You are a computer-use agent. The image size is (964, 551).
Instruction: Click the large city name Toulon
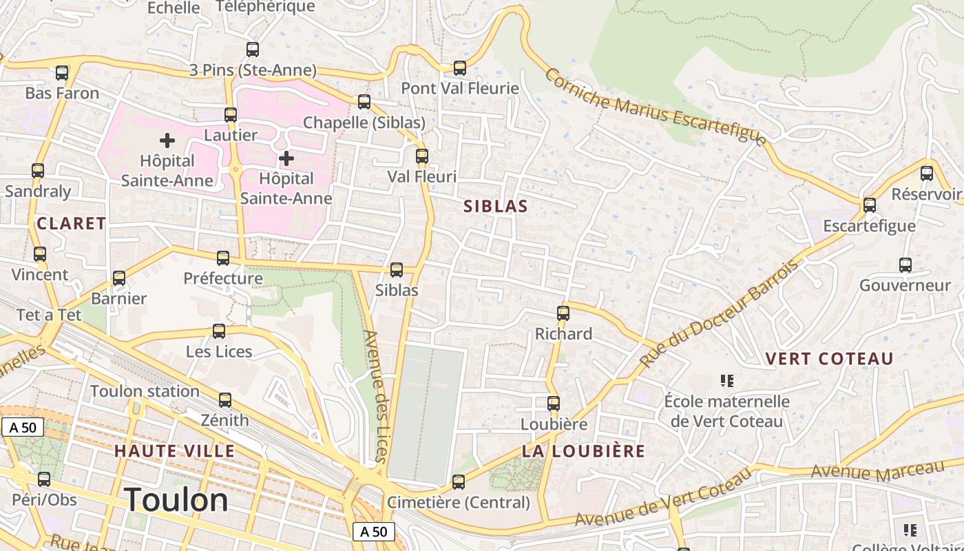pos(176,499)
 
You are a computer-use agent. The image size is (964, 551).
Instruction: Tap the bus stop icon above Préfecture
pos(223,258)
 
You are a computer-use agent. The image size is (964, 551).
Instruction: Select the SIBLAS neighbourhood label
pos(496,206)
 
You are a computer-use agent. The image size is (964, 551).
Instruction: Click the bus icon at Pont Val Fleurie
pos(460,68)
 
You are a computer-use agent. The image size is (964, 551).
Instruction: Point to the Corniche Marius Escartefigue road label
pos(654,107)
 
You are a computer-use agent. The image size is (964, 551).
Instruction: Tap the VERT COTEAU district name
pos(829,359)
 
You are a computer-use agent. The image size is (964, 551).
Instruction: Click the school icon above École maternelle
pos(726,380)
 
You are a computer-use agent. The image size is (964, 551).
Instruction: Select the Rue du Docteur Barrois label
pos(719,313)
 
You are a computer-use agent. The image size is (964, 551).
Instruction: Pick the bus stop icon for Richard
pos(563,313)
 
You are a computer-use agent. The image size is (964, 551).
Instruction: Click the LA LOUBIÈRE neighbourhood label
pos(583,451)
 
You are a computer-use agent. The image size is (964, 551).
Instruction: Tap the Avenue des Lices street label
pos(376,396)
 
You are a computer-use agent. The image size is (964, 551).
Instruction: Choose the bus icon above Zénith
pos(225,400)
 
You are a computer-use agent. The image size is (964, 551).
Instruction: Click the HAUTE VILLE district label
pos(174,451)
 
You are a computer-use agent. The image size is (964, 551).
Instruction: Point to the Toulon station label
pos(145,391)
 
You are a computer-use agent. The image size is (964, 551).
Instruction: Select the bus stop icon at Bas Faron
pos(62,72)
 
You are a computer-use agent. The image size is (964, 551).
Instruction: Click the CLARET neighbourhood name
pos(72,223)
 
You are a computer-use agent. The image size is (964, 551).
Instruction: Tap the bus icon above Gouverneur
pos(905,265)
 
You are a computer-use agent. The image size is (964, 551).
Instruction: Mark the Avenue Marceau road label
pos(877,471)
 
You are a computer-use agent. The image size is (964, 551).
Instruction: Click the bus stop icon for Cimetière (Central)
pos(459,482)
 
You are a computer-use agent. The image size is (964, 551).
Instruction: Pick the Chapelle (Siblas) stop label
pos(364,123)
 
